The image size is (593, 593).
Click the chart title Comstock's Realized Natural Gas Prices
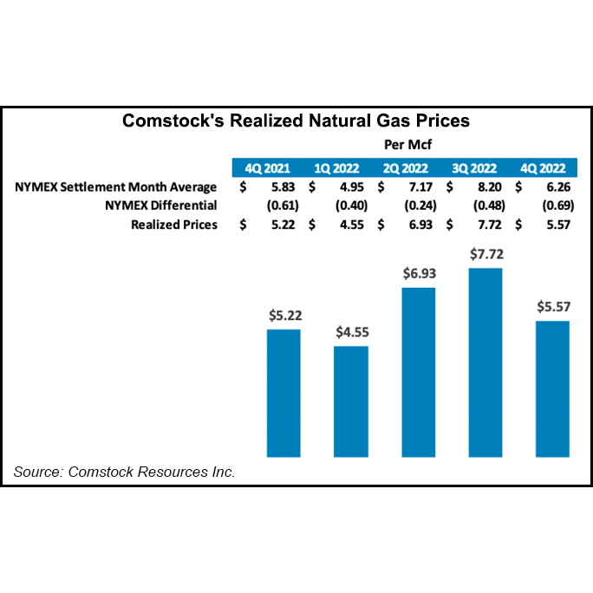click(296, 121)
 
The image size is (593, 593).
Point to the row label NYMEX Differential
click(160, 205)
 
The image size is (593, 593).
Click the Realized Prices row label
click(173, 225)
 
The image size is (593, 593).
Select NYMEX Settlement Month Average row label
click(115, 187)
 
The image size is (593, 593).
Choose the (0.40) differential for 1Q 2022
click(349, 205)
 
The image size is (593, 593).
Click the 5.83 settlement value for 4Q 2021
click(281, 187)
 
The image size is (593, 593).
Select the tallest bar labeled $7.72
click(485, 362)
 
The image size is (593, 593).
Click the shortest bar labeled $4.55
click(351, 401)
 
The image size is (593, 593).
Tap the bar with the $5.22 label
click(283, 393)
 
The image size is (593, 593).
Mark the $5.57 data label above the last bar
click(552, 307)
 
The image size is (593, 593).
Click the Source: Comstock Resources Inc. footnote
click(124, 472)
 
